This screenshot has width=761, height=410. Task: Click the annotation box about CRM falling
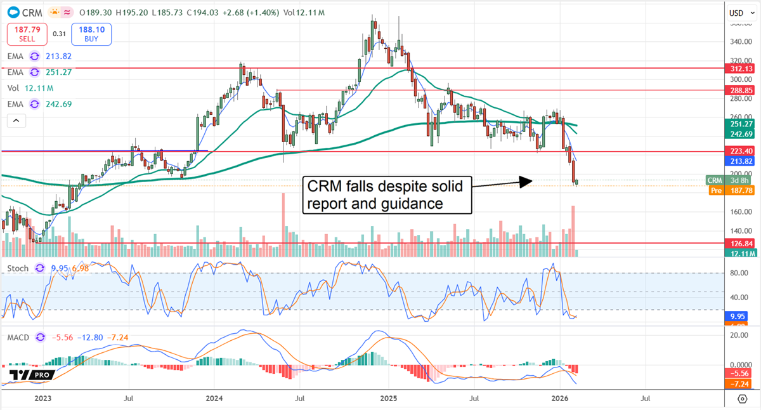pyautogui.click(x=386, y=195)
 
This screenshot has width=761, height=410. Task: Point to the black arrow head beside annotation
pyautogui.click(x=526, y=182)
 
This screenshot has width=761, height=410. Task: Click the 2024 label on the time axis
pyautogui.click(x=214, y=398)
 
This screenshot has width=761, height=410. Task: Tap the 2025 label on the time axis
pyautogui.click(x=388, y=398)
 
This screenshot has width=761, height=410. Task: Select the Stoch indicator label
pyautogui.click(x=17, y=268)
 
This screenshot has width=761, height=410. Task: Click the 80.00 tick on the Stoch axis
pyautogui.click(x=738, y=273)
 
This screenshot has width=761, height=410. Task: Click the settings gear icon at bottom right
pyautogui.click(x=742, y=399)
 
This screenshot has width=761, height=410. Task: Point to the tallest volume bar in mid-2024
pyautogui.click(x=283, y=222)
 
